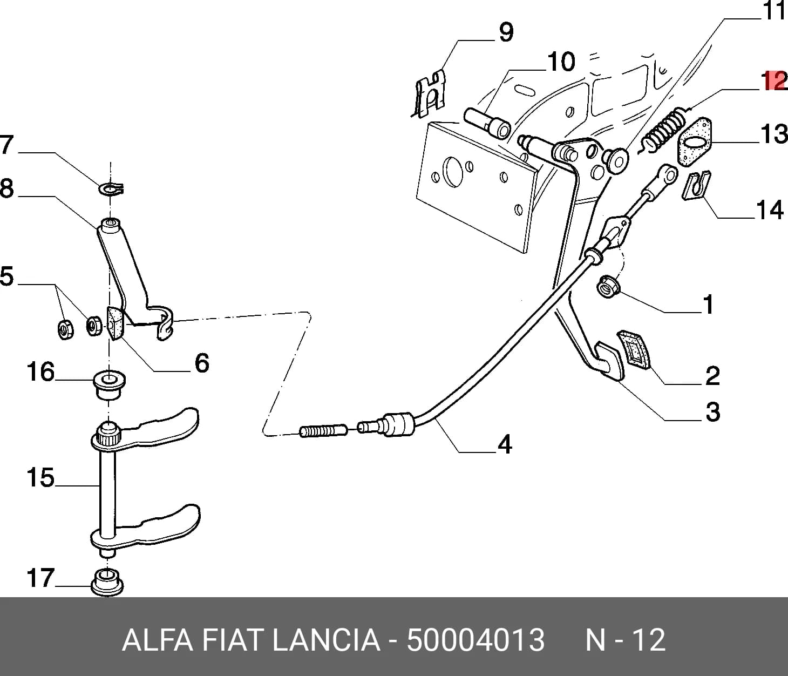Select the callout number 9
pos(506,32)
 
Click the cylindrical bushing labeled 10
pos(487,124)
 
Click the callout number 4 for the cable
pos(505,444)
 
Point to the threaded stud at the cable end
pos(323,431)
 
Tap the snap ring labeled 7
pos(111,188)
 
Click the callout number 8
pos(7,188)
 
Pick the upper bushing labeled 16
pos(110,384)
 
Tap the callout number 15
pos(41,478)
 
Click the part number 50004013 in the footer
pos(475,640)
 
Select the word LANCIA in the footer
pos(327,640)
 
